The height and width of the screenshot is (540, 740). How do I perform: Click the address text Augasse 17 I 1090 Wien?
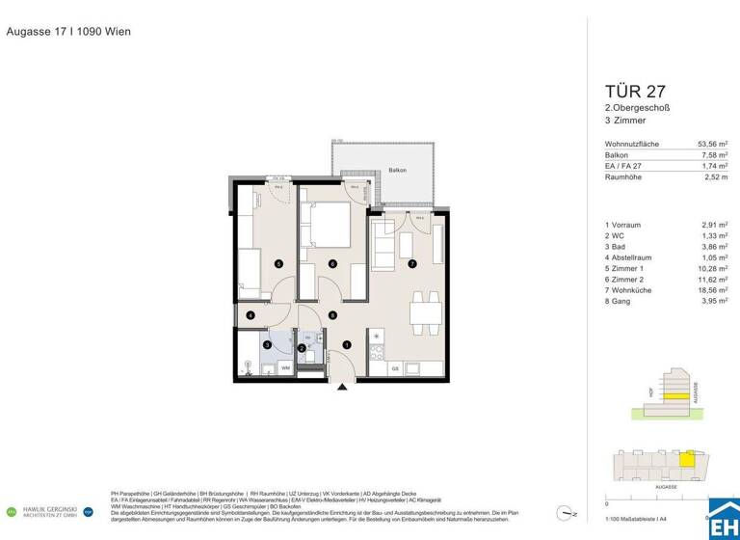coord(68,32)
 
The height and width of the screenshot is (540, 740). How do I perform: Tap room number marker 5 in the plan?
coord(278,263)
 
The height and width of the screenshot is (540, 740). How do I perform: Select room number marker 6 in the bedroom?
coord(332,263)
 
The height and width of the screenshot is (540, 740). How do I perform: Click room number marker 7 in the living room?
coord(411,263)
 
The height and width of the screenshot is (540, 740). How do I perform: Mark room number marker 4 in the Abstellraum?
coord(250,315)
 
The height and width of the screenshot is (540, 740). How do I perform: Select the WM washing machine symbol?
coord(285,368)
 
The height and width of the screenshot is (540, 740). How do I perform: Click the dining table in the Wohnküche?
coord(420,311)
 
